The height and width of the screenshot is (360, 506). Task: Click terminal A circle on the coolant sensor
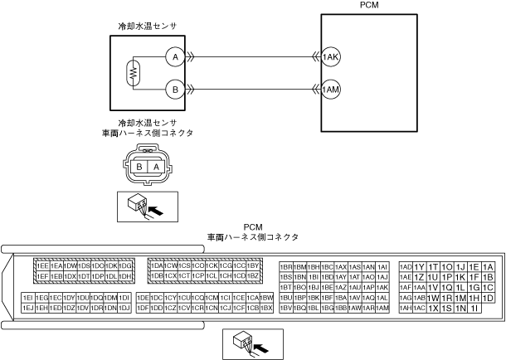pos(173,57)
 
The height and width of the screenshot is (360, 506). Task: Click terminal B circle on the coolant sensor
pos(173,88)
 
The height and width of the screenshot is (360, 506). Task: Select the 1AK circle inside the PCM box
pos(332,57)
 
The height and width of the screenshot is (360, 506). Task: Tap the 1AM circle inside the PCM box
pos(332,88)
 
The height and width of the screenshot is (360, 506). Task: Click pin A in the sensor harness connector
pos(155,167)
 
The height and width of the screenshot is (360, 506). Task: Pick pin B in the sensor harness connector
pos(140,167)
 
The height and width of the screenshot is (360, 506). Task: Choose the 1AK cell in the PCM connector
pos(382,287)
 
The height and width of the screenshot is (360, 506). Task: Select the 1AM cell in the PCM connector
pos(382,308)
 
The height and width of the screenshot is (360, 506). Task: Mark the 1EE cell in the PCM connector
pos(42,265)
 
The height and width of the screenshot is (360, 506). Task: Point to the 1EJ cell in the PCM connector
pos(29,308)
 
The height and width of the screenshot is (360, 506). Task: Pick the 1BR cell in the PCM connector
pos(286,266)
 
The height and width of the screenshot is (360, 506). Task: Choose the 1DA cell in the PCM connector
pos(157,265)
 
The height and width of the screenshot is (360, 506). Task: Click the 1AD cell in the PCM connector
pos(406,266)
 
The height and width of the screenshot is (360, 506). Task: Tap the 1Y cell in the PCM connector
pos(420,266)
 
